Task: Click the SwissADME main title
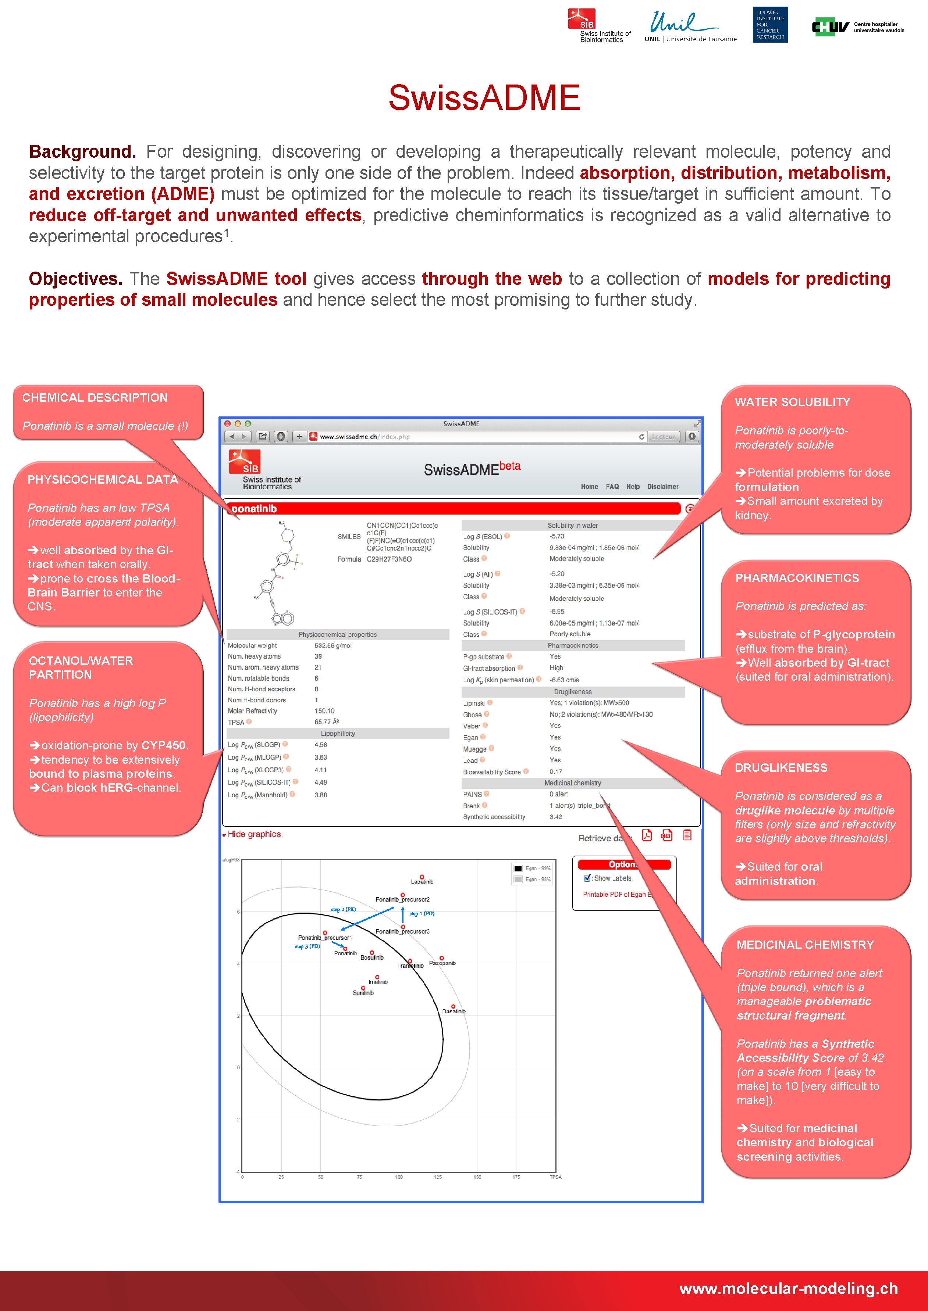pyautogui.click(x=484, y=98)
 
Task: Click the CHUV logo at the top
pyautogui.click(x=857, y=27)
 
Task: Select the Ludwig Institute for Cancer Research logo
pyautogui.click(x=770, y=25)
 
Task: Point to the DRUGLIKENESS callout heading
pyautogui.click(x=781, y=767)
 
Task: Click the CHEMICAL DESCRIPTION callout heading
pyautogui.click(x=95, y=397)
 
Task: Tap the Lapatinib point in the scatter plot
pyautogui.click(x=422, y=877)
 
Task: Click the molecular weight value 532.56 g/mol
pyautogui.click(x=333, y=645)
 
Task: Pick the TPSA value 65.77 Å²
pyautogui.click(x=326, y=722)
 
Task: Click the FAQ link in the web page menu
pyautogui.click(x=612, y=487)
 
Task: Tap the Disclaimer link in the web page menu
pyautogui.click(x=662, y=487)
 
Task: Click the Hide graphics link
pyautogui.click(x=254, y=834)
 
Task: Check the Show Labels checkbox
pyautogui.click(x=587, y=878)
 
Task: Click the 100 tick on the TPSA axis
pyautogui.click(x=399, y=1177)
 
